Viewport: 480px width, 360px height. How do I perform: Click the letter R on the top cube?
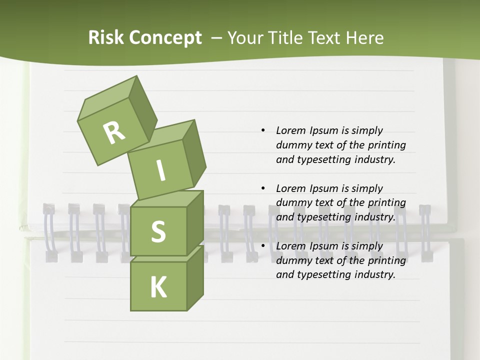[114, 132]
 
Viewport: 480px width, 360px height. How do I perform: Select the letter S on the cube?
[158, 232]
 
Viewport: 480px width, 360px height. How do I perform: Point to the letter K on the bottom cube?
[158, 287]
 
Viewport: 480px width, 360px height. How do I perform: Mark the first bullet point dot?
[263, 130]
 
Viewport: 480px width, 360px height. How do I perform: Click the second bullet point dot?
[263, 188]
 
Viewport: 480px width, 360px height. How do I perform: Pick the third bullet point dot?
[263, 246]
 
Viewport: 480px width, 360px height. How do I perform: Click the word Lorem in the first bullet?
[290, 130]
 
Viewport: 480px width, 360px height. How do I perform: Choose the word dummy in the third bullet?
[292, 260]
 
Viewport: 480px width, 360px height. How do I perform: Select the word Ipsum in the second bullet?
[324, 188]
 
